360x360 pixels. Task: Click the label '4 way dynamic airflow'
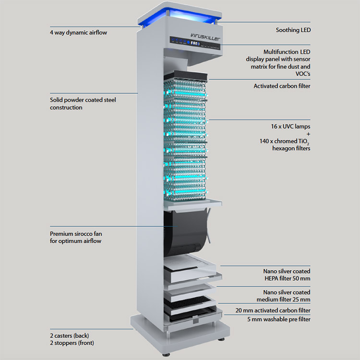(x=78, y=33)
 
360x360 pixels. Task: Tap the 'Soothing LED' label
(x=293, y=30)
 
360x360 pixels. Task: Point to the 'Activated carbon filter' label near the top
(x=282, y=86)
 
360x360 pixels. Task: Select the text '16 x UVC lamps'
(x=290, y=126)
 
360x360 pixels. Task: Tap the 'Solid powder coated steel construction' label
(x=83, y=104)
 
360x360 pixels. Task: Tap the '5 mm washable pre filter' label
(x=278, y=320)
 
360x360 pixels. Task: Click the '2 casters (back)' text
(x=70, y=335)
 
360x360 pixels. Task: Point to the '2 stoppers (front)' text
(x=72, y=343)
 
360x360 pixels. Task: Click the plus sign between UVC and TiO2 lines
(x=308, y=134)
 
